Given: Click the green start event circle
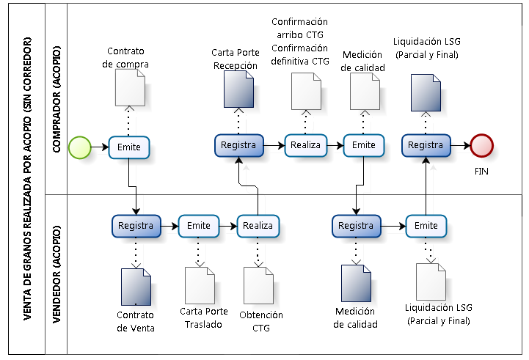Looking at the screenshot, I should (79, 147).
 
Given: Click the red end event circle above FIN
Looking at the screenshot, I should (482, 145).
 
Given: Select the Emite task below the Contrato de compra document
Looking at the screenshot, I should (129, 147).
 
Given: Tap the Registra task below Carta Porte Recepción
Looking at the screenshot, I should (238, 145).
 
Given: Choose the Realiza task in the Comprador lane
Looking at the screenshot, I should (305, 145).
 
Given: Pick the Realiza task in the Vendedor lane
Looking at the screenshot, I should (258, 226).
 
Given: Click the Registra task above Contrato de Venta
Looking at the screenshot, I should (135, 226).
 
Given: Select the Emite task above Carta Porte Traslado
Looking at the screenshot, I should (198, 226).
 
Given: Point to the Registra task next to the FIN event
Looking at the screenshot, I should (426, 145).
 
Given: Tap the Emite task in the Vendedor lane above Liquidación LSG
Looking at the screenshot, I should (426, 226).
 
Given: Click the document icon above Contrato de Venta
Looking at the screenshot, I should (136, 287).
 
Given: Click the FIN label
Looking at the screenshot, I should (481, 172).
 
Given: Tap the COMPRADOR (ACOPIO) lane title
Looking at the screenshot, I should (56, 100).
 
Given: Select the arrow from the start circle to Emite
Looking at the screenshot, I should (99, 147).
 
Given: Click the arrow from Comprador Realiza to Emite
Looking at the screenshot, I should (334, 145).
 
